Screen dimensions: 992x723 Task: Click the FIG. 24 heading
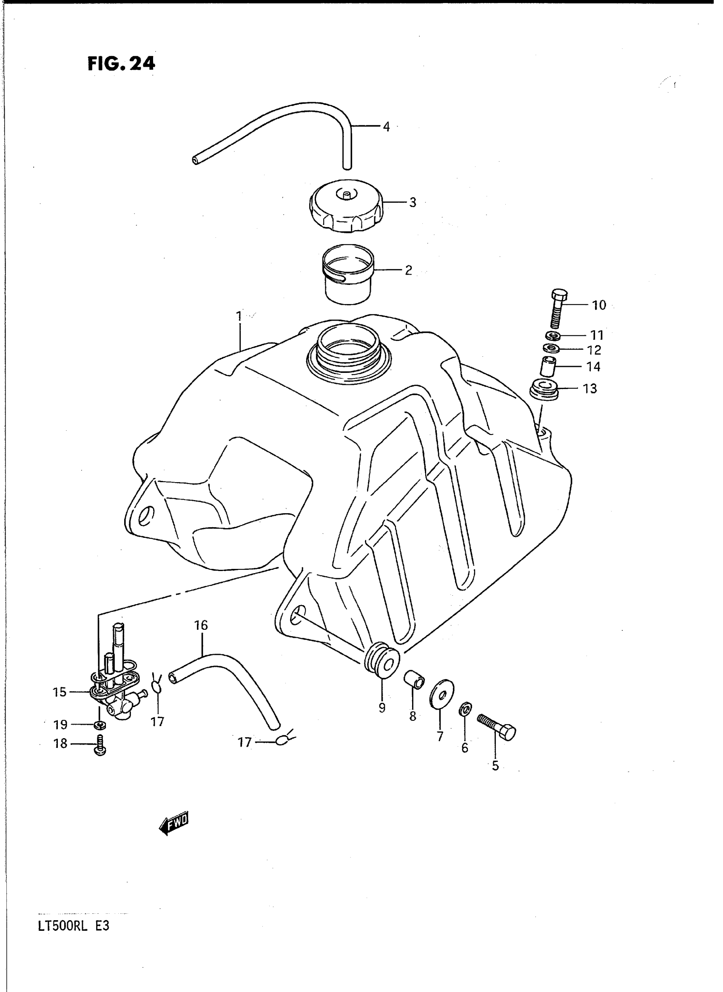click(x=121, y=64)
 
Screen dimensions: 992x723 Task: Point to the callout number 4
click(x=386, y=127)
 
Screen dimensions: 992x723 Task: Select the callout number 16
click(x=201, y=625)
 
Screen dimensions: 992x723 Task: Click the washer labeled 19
click(x=100, y=725)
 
